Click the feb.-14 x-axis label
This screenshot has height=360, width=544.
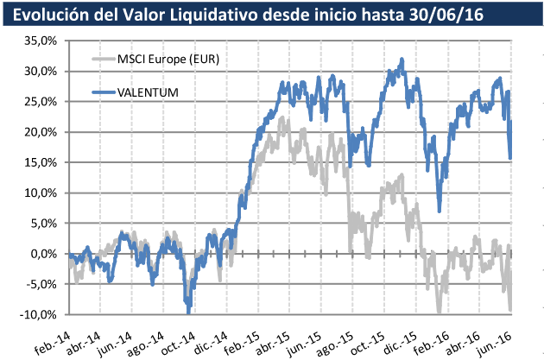[53, 338]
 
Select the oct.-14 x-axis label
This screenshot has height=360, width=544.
[177, 338]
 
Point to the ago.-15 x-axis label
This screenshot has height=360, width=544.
[332, 338]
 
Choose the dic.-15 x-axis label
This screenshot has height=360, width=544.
[394, 338]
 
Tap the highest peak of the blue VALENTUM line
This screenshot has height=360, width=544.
[402, 60]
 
